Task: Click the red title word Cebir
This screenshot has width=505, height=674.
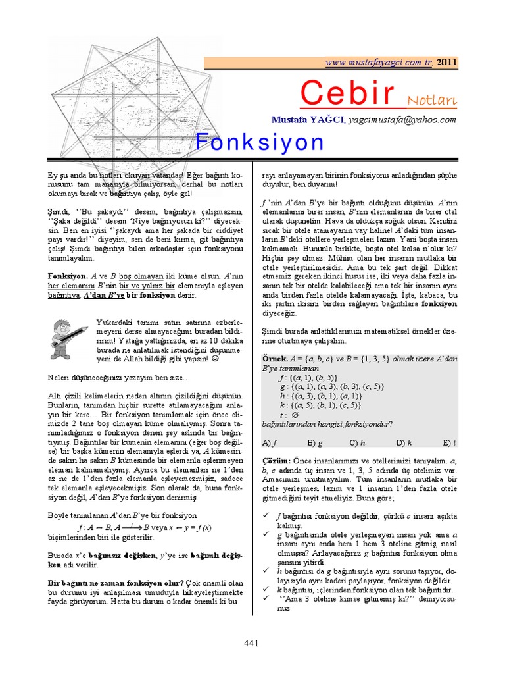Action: [x=347, y=93]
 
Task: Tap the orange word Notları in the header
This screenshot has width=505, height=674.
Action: [x=432, y=100]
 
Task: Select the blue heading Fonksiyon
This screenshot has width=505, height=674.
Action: [x=260, y=142]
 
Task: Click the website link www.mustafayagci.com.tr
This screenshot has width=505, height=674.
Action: [x=378, y=62]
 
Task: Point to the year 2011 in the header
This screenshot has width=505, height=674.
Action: [x=446, y=62]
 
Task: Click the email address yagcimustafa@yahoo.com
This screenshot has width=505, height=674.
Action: [x=402, y=120]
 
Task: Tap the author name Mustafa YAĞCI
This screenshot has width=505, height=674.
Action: [x=308, y=120]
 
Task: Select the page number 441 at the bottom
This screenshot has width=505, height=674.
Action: [x=252, y=643]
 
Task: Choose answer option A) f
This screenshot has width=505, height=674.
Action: [x=269, y=442]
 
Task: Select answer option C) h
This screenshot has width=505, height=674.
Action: [x=356, y=442]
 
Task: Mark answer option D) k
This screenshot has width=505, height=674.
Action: [x=403, y=442]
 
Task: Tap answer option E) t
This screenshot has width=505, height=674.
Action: [x=449, y=442]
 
